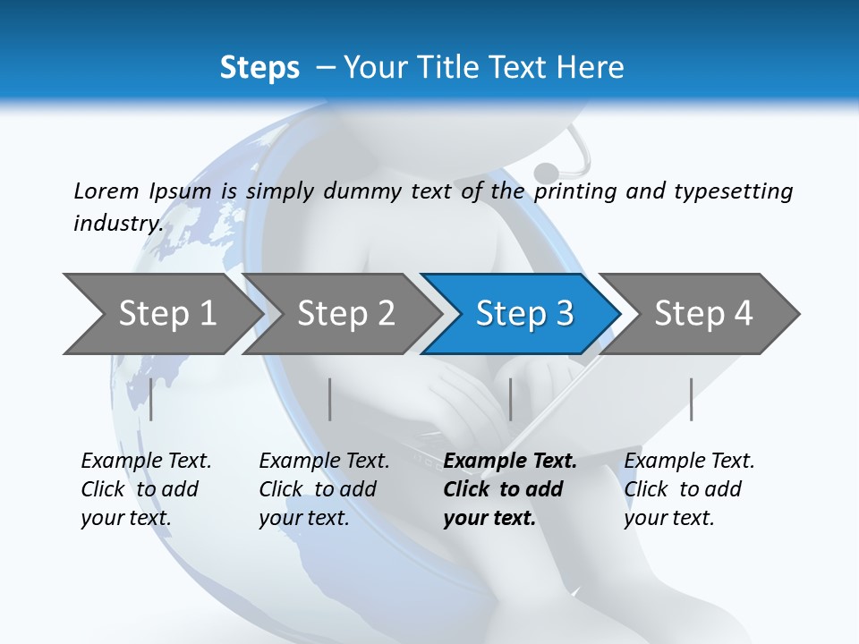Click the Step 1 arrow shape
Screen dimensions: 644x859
[x=166, y=314]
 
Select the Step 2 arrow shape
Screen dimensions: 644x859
[x=344, y=314]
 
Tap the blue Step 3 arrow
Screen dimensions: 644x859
[x=523, y=314]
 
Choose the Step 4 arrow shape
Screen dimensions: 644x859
[x=702, y=314]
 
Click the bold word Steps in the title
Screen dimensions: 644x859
[x=259, y=68]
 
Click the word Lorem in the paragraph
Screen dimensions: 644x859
[x=106, y=191]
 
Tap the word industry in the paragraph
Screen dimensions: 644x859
[x=118, y=223]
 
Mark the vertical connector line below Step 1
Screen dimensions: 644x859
[x=151, y=399]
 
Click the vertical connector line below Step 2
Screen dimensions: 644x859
[x=330, y=399]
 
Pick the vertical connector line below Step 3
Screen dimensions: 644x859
[x=511, y=399]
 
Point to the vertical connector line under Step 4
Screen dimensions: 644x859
[x=692, y=399]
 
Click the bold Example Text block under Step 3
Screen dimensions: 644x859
[x=509, y=489]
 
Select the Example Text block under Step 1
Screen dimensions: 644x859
[x=145, y=489]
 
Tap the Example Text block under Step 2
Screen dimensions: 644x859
[x=323, y=489]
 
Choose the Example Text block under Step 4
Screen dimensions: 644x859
[x=688, y=489]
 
